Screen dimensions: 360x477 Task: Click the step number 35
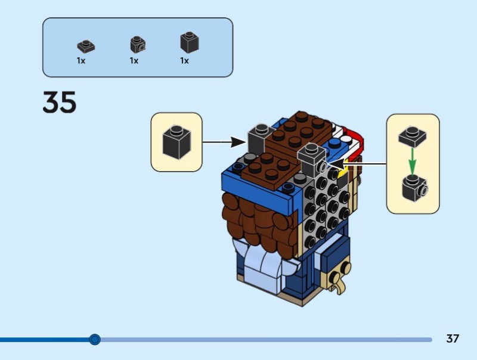[x=60, y=103]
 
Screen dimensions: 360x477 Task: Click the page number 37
[x=453, y=339]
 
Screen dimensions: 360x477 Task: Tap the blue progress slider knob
[x=95, y=340]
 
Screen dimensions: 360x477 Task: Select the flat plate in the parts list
[x=86, y=45]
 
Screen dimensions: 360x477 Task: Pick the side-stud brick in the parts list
[x=138, y=45]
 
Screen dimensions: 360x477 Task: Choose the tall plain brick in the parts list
[x=189, y=43]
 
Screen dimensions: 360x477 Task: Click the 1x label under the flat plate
[x=81, y=61]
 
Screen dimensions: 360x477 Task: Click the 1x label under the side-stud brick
[x=134, y=61]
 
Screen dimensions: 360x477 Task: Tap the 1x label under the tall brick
[x=184, y=61]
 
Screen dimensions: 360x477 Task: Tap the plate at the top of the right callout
[x=413, y=136]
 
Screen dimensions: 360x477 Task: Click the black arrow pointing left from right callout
[x=358, y=162]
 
